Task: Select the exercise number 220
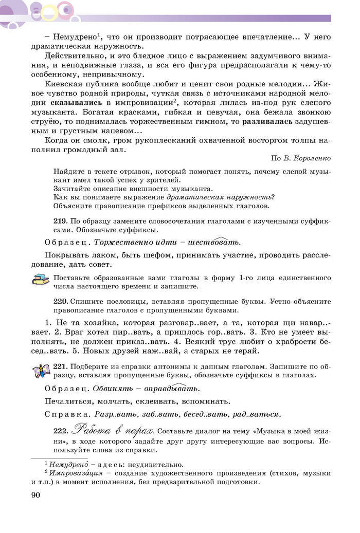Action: pos(61,302)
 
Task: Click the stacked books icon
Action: pos(40,280)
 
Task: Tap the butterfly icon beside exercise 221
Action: pos(40,370)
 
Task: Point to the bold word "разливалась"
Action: pos(268,122)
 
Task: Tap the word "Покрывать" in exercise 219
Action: pos(67,255)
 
